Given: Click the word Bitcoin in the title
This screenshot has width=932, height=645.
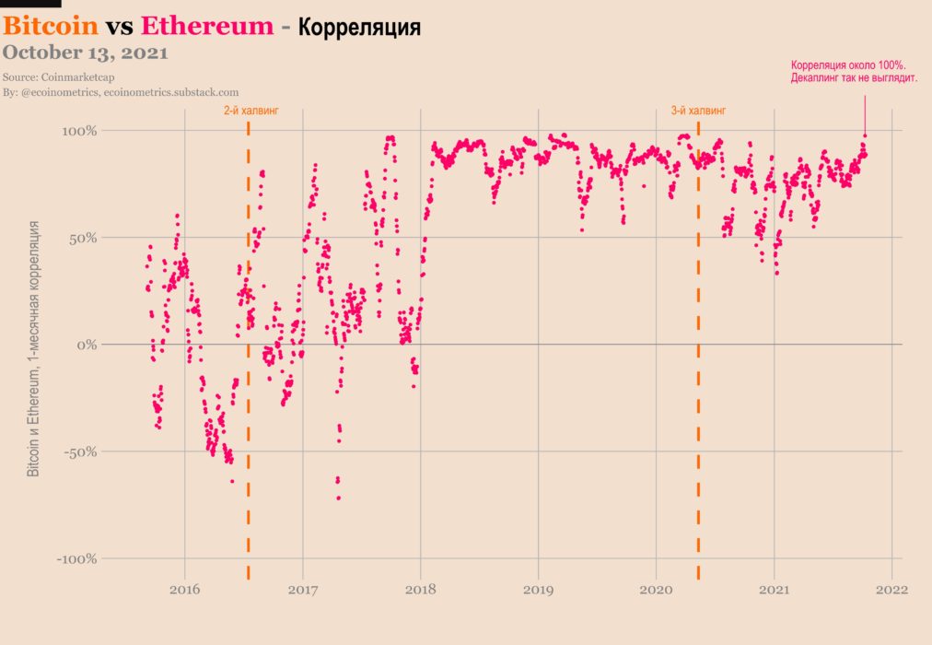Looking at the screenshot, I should click(x=51, y=26).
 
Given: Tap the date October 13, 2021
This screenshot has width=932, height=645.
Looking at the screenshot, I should click(x=86, y=53).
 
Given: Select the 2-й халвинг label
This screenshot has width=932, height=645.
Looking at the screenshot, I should click(x=250, y=111).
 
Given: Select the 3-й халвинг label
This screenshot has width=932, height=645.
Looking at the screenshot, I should click(x=698, y=111).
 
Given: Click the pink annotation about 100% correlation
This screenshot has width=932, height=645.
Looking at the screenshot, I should click(x=854, y=73).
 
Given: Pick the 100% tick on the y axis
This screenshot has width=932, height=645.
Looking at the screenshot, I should click(x=79, y=131).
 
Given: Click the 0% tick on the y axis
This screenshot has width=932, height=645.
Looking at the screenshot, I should click(x=87, y=345).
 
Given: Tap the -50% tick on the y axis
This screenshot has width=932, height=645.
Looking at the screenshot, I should click(x=81, y=451).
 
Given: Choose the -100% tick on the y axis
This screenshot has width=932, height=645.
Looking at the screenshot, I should click(x=77, y=558).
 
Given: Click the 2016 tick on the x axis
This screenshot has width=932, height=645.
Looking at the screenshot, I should click(x=185, y=589).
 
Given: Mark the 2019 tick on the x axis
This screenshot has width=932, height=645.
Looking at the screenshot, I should click(x=539, y=589).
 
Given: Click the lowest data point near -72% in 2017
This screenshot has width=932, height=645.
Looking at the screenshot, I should click(x=339, y=498).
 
